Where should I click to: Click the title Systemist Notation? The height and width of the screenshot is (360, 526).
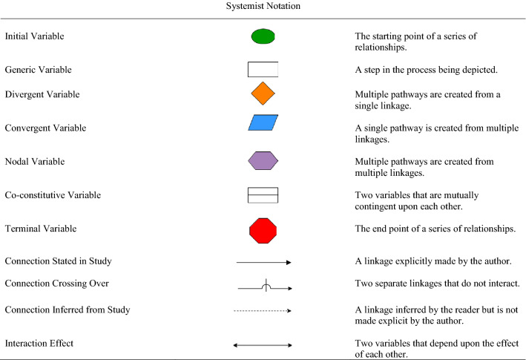pyautogui.click(x=263, y=7)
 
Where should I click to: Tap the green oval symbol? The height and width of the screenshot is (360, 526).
pyautogui.click(x=263, y=36)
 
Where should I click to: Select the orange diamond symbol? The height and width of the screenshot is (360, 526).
pyautogui.click(x=263, y=94)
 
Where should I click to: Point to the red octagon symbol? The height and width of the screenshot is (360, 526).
pyautogui.click(x=263, y=229)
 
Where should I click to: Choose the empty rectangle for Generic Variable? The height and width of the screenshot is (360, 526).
pyautogui.click(x=263, y=69)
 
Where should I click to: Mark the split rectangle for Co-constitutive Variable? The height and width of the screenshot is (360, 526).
pyautogui.click(x=263, y=195)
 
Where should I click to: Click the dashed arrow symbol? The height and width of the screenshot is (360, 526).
pyautogui.click(x=263, y=311)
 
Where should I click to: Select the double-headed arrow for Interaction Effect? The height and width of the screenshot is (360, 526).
pyautogui.click(x=263, y=344)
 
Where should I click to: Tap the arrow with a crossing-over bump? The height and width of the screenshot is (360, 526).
pyautogui.click(x=264, y=286)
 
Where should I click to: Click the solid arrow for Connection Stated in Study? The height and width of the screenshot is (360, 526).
pyautogui.click(x=263, y=262)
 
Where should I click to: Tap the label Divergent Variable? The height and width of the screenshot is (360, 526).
pyautogui.click(x=42, y=94)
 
